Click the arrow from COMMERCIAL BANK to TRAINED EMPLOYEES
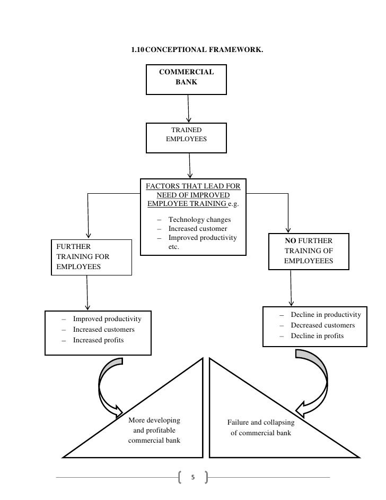coord(188,109)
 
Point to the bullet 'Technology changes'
coord(196,220)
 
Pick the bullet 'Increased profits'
coord(98,340)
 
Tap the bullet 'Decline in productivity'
coord(326,315)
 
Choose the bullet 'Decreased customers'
coord(322,325)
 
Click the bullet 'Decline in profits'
coord(317,336)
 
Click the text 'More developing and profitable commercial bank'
coord(154,430)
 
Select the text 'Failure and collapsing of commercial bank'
coord(260,428)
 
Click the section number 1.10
coord(137,50)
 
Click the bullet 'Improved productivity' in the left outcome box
coord(107,319)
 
